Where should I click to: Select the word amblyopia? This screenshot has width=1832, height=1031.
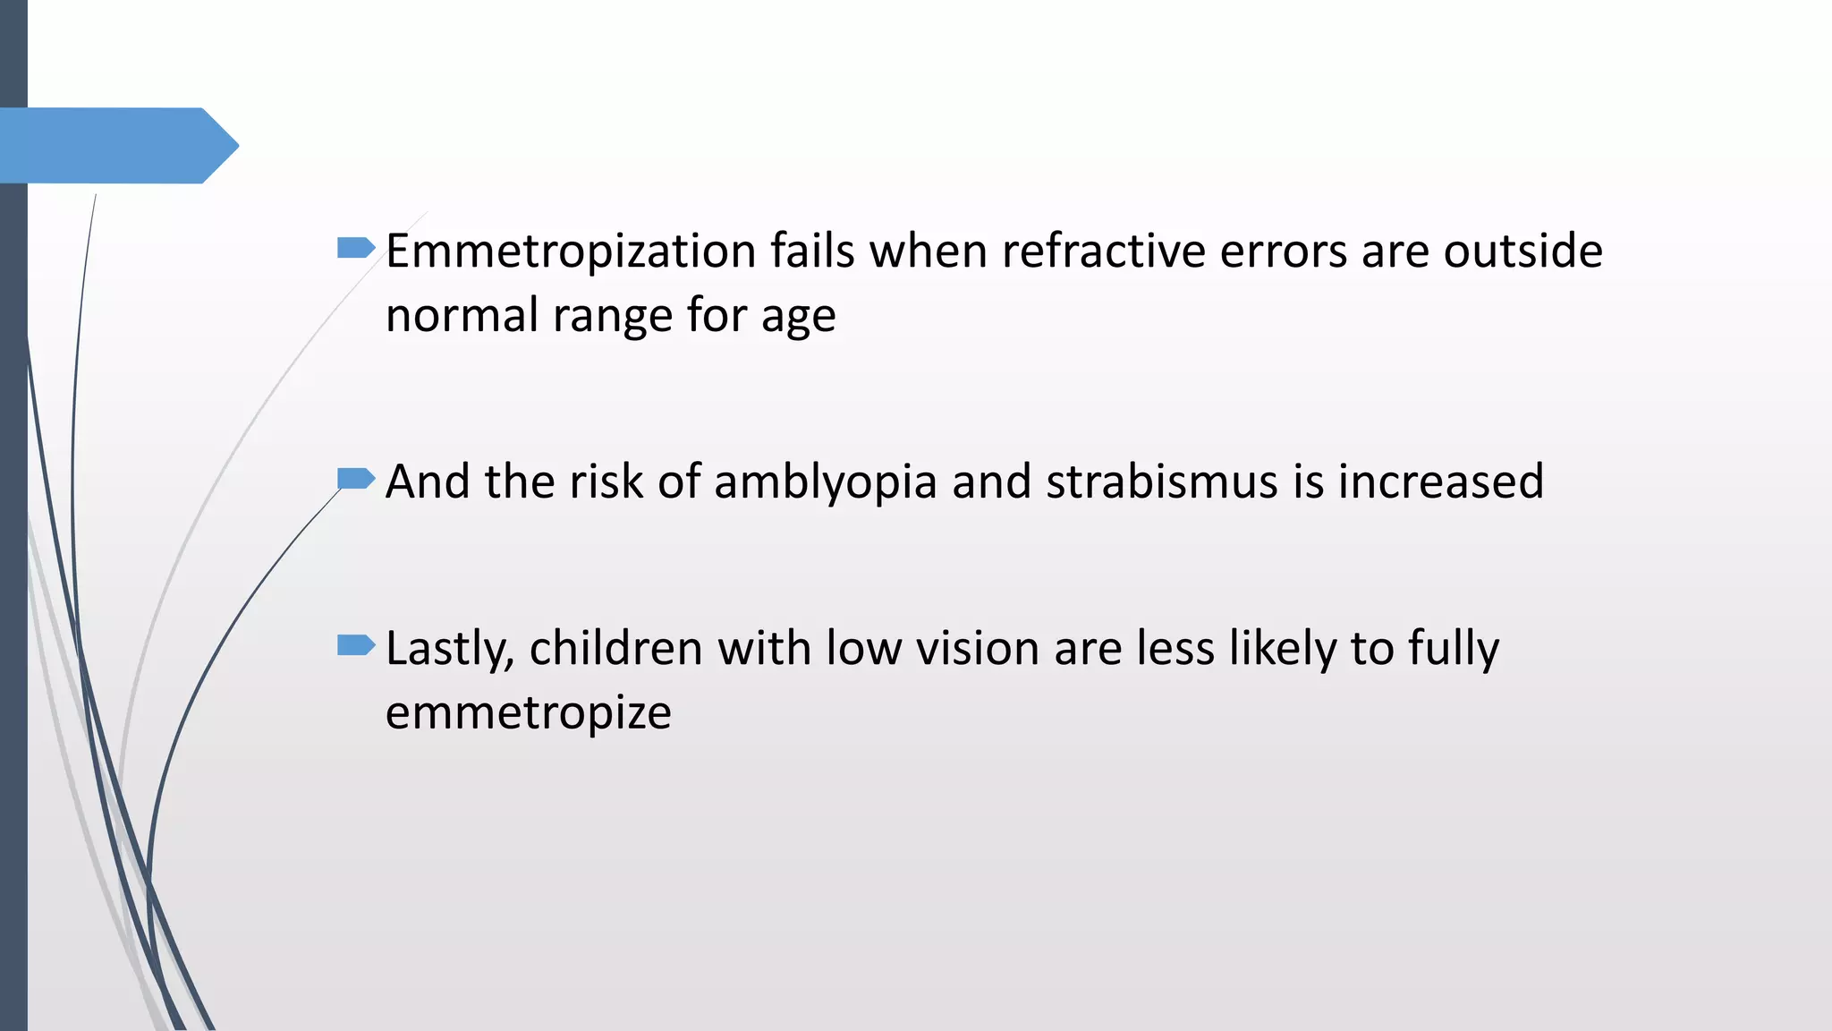click(x=825, y=482)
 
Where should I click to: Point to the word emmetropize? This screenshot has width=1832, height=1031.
click(x=528, y=713)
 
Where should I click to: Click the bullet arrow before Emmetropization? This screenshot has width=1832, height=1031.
click(x=355, y=248)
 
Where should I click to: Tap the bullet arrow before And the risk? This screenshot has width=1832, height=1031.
click(x=355, y=479)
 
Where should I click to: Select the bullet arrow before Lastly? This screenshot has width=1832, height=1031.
click(x=355, y=645)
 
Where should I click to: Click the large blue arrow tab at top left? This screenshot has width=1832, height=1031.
click(x=116, y=146)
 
